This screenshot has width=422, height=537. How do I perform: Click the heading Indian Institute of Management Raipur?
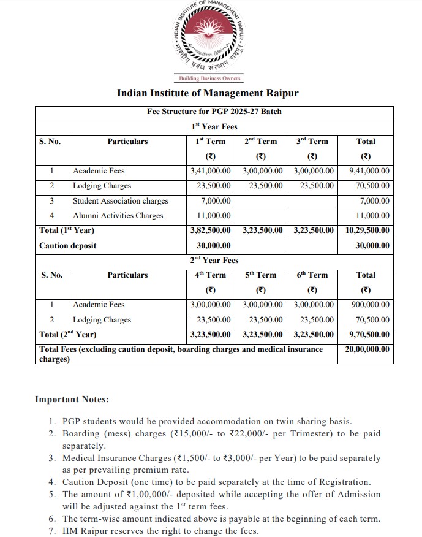(x=208, y=94)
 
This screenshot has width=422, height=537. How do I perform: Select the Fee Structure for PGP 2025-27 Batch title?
(x=214, y=112)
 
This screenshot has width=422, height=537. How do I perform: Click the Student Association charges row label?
(x=120, y=200)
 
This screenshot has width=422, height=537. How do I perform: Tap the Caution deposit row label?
(x=67, y=246)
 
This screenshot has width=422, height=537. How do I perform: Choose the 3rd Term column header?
(x=312, y=141)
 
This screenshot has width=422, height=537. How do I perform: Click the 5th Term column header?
(x=261, y=275)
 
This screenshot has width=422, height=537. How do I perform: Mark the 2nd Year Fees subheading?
(x=214, y=261)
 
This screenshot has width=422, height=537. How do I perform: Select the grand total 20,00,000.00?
(x=367, y=349)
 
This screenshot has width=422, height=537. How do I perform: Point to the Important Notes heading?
(x=72, y=400)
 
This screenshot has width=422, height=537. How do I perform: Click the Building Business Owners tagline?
(x=209, y=78)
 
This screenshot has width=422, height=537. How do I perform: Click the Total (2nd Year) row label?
(x=67, y=335)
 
